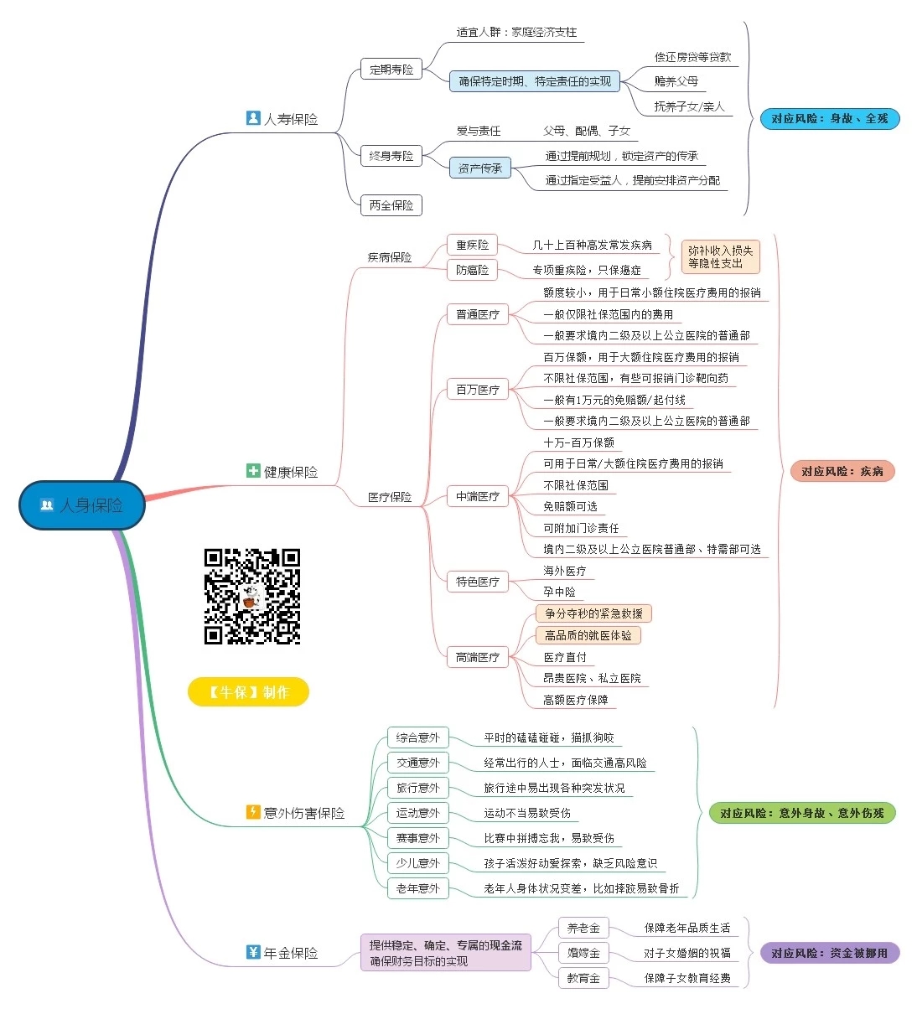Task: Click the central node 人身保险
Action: (82, 505)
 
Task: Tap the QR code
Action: (252, 596)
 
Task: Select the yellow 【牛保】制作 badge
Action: (248, 692)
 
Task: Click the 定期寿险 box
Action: (391, 70)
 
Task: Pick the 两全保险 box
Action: (391, 205)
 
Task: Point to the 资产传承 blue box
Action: (479, 168)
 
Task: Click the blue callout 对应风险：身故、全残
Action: (829, 119)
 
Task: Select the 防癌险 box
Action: (472, 270)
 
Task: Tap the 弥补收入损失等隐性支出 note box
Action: (720, 257)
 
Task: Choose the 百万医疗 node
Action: (477, 390)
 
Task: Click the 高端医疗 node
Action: (477, 657)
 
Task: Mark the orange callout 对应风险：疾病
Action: (842, 471)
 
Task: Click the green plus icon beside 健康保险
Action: (253, 471)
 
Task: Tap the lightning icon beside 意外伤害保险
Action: (253, 812)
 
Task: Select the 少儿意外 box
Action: (417, 863)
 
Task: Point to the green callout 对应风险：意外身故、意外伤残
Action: (801, 813)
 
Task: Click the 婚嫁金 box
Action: (583, 953)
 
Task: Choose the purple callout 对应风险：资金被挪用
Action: (829, 953)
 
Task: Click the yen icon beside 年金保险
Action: (253, 952)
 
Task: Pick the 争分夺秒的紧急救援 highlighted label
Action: (593, 613)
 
